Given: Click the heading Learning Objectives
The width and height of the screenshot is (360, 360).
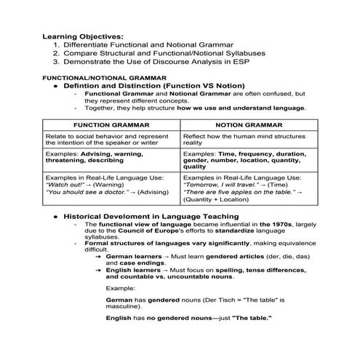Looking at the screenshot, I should [x=83, y=36].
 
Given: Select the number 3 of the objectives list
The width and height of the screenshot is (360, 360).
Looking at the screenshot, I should [x=56, y=63].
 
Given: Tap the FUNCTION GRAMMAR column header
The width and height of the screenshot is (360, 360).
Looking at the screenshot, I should [x=111, y=124].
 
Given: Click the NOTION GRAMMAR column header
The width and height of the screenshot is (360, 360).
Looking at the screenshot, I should [x=249, y=124].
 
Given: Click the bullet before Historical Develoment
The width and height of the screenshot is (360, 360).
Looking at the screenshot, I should [x=55, y=217].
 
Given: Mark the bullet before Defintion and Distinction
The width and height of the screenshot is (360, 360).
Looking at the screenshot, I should [x=55, y=85].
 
